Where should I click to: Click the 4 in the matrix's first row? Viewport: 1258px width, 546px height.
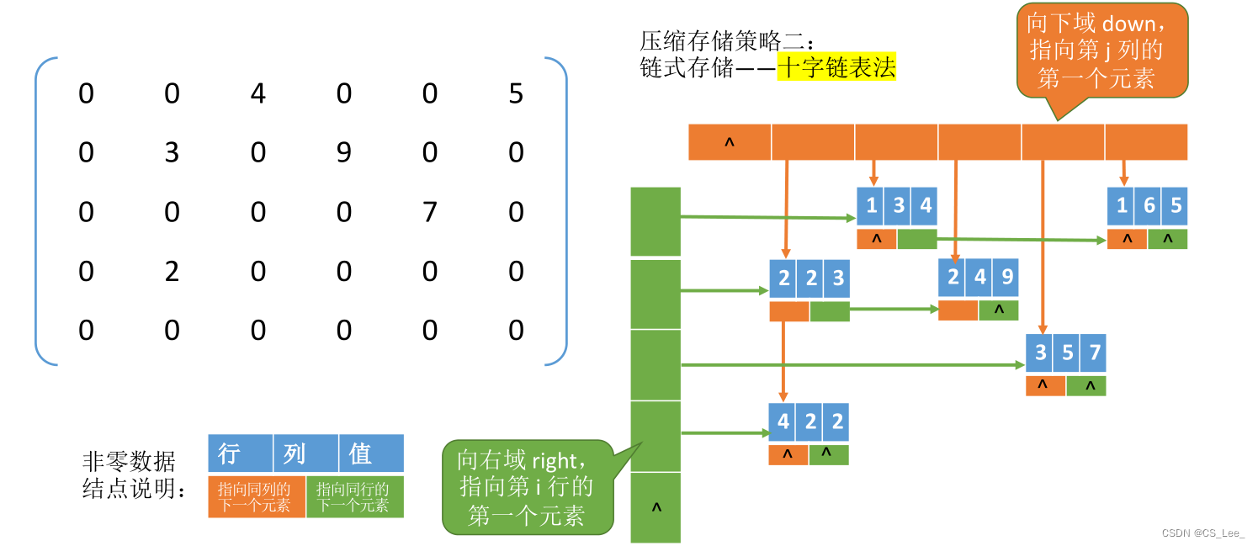tap(258, 93)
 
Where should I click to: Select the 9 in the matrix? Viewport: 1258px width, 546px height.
tap(344, 152)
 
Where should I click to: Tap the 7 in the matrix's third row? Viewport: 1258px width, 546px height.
tap(430, 211)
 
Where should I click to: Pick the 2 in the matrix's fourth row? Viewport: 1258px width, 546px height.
tap(172, 271)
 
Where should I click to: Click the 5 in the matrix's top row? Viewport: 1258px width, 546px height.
tap(516, 93)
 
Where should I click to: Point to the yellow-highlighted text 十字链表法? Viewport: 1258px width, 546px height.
tap(836, 67)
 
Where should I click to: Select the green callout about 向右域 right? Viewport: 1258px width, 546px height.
tap(527, 486)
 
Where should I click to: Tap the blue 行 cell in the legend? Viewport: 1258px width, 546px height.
tap(240, 453)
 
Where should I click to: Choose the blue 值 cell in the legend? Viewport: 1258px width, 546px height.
tap(370, 453)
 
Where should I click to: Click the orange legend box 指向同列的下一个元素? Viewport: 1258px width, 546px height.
tap(256, 496)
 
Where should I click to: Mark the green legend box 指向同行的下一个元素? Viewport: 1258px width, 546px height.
tap(354, 496)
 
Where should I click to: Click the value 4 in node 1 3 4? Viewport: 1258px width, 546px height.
tap(925, 205)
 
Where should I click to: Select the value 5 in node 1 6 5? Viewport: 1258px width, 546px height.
tap(1176, 205)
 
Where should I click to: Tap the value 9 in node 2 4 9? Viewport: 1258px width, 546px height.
tap(1006, 277)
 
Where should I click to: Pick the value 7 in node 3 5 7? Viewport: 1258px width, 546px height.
tap(1094, 353)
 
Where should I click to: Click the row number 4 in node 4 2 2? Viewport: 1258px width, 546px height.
tap(783, 421)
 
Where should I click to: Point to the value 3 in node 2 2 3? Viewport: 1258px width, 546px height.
tap(837, 278)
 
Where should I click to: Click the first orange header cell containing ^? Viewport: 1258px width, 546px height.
tap(730, 142)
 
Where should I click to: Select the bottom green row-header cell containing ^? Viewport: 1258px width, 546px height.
tap(656, 507)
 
